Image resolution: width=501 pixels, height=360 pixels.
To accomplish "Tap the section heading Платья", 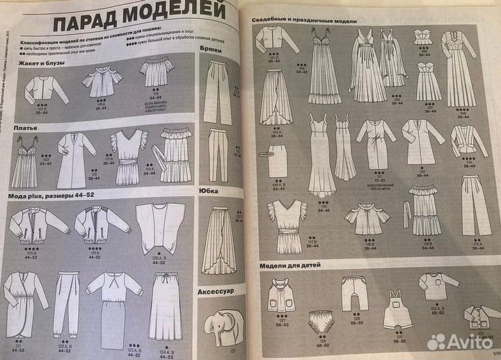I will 24,128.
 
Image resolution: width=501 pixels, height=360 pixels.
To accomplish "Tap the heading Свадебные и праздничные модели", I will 305,21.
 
